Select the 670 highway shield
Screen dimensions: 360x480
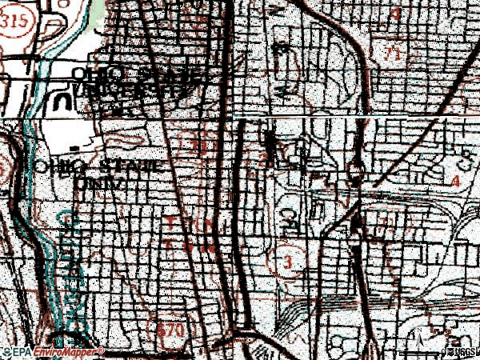[x=183, y=329]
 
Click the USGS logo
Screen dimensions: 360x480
[x=462, y=352]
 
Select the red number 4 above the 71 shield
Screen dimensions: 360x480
[x=396, y=14]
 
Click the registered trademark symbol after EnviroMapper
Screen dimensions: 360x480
[x=102, y=350]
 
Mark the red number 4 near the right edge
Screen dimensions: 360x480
[x=456, y=182]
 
